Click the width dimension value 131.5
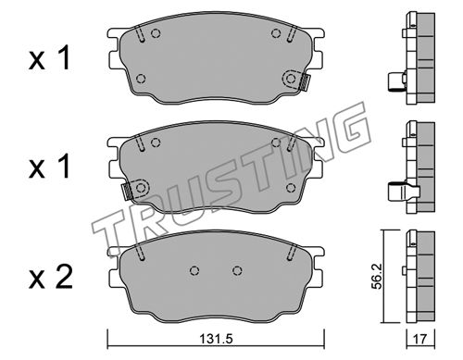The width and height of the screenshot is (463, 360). pyautogui.click(x=216, y=340)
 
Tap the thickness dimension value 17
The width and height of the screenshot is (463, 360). pyautogui.click(x=420, y=340)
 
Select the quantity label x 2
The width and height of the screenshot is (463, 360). pyautogui.click(x=51, y=277)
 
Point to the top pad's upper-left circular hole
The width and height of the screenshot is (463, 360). pyautogui.click(x=156, y=32)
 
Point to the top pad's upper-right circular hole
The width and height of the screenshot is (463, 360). pyautogui.click(x=276, y=32)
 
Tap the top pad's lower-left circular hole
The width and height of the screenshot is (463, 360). pyautogui.click(x=141, y=79)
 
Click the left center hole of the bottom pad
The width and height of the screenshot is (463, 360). pyautogui.click(x=194, y=270)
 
